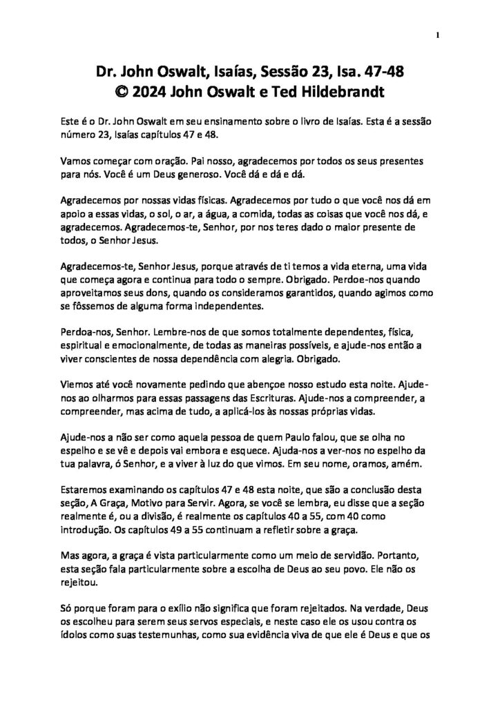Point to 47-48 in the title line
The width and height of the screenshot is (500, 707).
coord(381,70)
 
